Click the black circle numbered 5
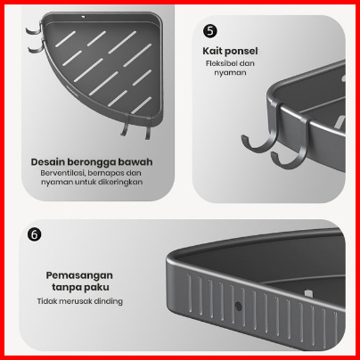point(210,31)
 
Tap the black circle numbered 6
point(35,234)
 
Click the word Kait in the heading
point(211,51)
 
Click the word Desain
point(47,162)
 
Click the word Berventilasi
point(62,173)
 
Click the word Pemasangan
point(79,275)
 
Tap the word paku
point(96,288)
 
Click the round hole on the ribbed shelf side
point(238,306)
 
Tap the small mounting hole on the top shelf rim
point(84,17)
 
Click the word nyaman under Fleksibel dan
point(230,73)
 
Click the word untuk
point(86,182)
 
